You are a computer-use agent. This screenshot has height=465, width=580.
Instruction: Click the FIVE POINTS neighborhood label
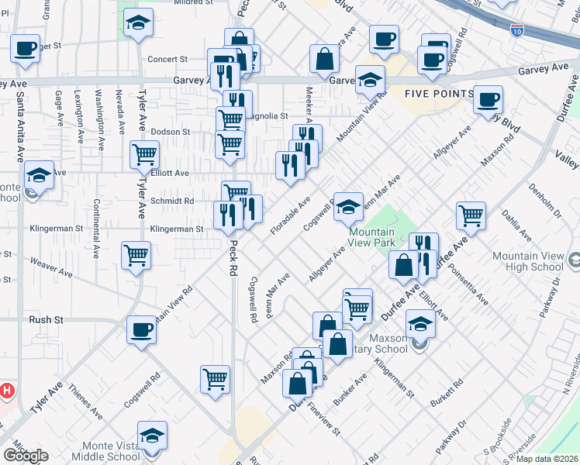point(439,94)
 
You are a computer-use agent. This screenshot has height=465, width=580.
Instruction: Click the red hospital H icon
point(6,391)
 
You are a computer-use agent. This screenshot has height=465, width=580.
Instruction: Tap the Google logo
point(26,456)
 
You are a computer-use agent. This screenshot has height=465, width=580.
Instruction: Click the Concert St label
point(168,59)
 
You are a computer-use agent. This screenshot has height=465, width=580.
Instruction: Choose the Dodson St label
point(170,132)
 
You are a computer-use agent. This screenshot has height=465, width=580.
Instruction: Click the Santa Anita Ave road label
point(19,124)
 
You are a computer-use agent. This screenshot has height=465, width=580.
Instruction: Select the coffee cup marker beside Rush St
point(141,329)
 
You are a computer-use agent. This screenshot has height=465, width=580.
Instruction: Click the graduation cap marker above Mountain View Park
point(349,205)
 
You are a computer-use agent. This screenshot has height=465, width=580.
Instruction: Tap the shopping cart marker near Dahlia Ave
point(471,215)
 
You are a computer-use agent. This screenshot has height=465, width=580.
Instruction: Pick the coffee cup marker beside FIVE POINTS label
point(488,98)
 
